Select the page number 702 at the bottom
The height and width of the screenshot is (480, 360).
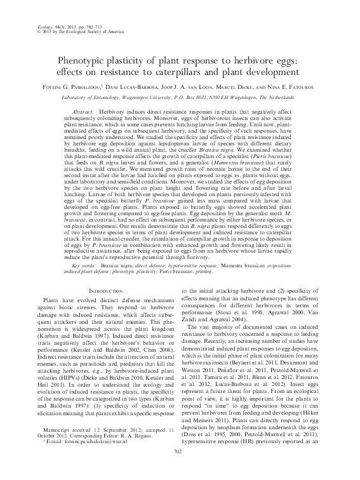coord(180,468)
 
